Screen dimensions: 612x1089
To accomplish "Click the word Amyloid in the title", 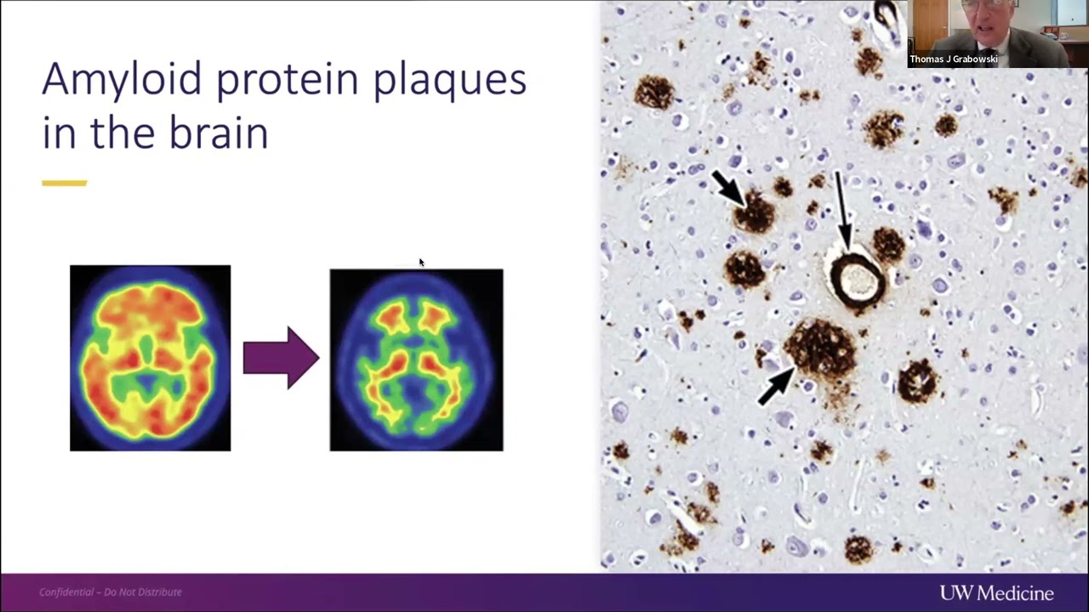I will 121,79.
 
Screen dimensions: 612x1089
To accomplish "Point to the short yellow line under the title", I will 64,183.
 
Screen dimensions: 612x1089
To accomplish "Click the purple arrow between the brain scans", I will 281,358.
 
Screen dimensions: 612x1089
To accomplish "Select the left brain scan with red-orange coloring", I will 150,358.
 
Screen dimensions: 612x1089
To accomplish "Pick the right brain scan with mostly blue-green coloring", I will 416,360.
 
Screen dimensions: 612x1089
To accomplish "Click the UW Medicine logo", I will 996,593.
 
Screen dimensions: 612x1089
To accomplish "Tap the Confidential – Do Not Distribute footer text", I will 111,592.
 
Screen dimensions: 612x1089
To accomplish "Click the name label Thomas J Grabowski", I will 953,59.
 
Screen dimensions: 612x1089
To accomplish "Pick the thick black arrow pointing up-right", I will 775,387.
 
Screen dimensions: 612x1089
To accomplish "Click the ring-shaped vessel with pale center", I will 856,278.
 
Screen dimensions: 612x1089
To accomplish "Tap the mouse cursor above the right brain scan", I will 420,263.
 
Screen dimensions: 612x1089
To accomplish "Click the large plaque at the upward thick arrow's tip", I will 818,346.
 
